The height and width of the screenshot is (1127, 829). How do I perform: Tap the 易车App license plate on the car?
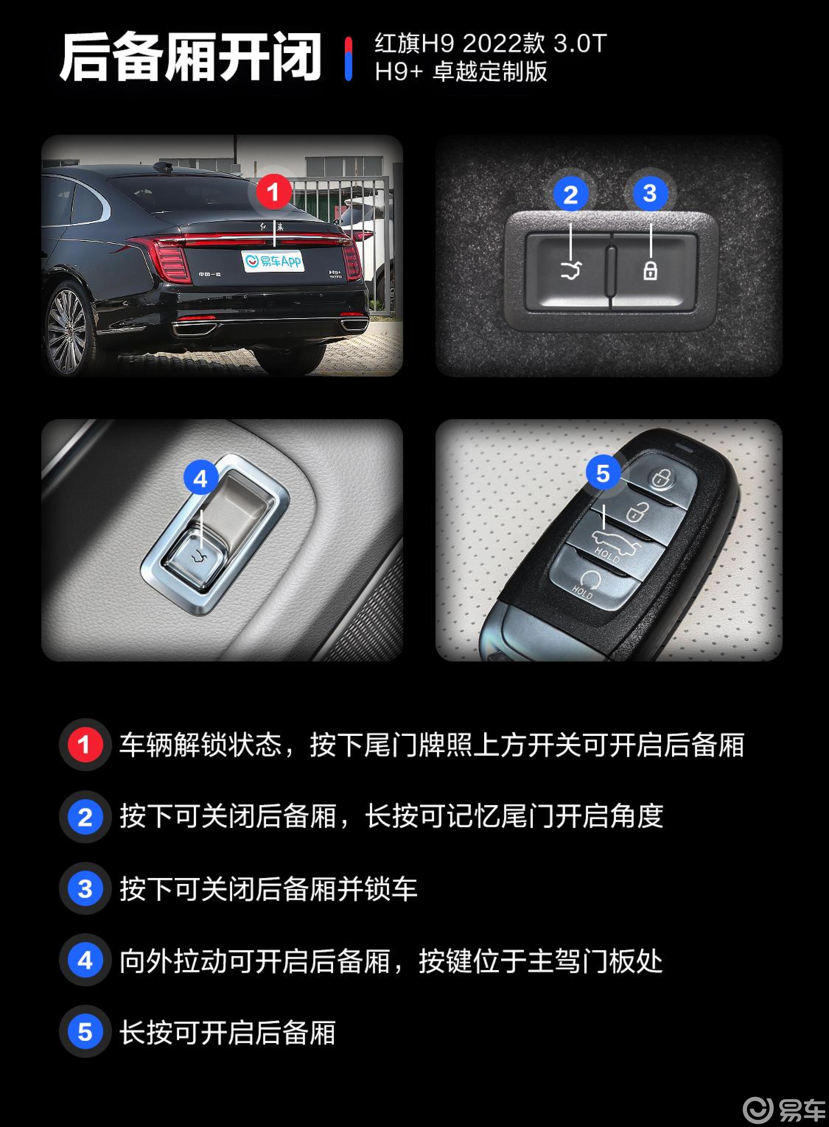click(x=273, y=261)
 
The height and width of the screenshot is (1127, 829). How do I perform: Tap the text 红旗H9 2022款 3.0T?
click(x=490, y=44)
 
